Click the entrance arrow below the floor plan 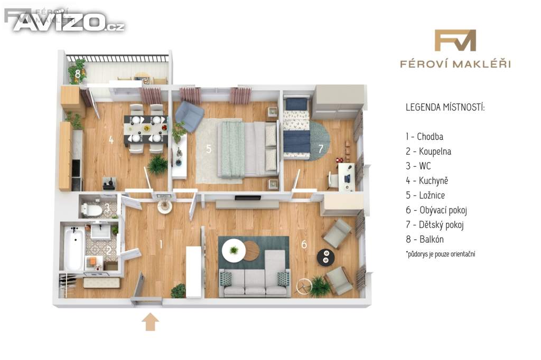151,321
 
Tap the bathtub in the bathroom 74,247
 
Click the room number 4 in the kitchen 111,140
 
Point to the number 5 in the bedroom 208,149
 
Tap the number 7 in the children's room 321,149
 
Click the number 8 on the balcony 78,74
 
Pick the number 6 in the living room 304,244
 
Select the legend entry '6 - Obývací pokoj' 436,210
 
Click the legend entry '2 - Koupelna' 428,151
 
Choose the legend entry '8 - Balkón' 425,239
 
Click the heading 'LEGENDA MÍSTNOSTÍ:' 445,107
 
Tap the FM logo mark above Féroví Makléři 455,40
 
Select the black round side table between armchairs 325,257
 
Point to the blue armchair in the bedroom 189,116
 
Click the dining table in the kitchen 146,129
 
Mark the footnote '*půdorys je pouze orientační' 441,254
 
